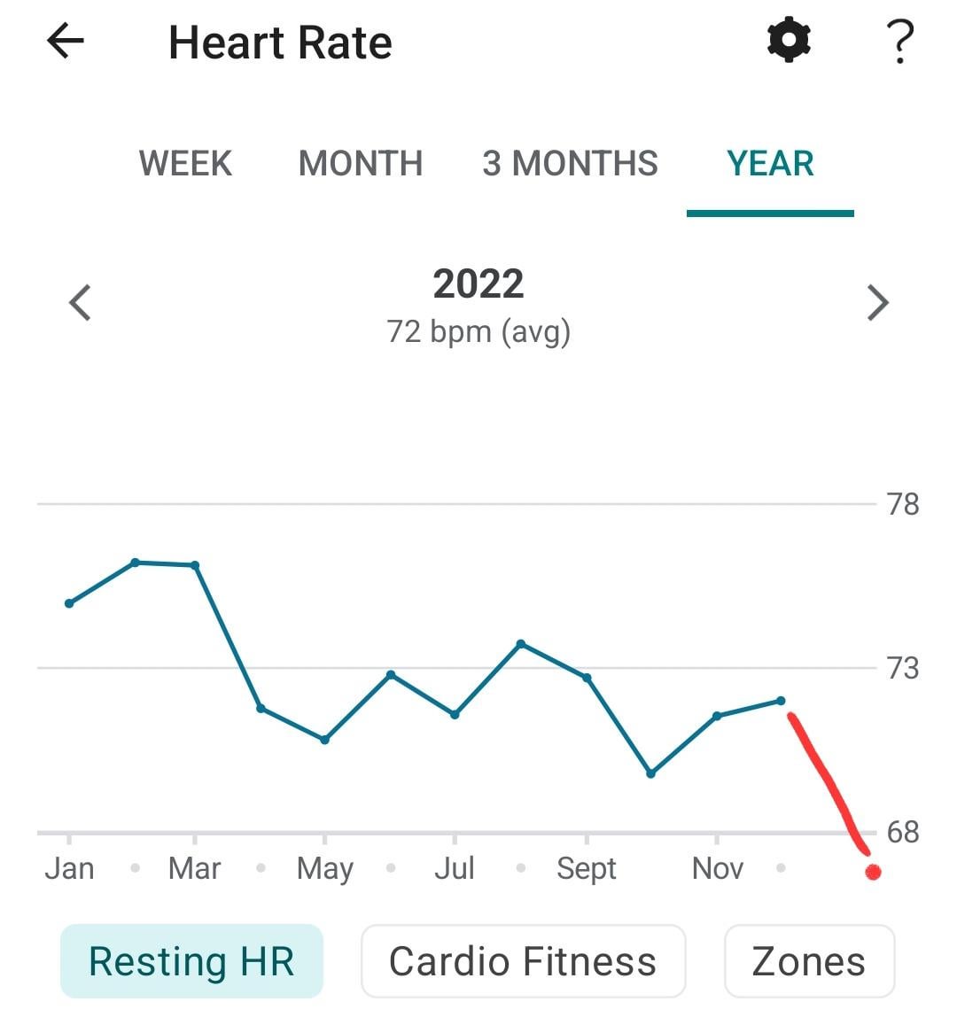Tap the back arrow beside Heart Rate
pyautogui.click(x=65, y=42)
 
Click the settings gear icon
pyautogui.click(x=789, y=41)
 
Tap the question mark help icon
pyautogui.click(x=899, y=42)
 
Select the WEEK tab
pyautogui.click(x=185, y=164)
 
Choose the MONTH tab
pyautogui.click(x=361, y=164)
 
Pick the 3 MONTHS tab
pyautogui.click(x=570, y=164)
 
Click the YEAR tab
pyautogui.click(x=770, y=164)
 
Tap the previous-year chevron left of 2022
pyautogui.click(x=81, y=302)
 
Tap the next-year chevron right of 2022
pyautogui.click(x=877, y=302)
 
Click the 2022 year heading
pyautogui.click(x=478, y=284)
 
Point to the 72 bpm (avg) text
pyautogui.click(x=478, y=331)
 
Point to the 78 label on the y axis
pyautogui.click(x=903, y=504)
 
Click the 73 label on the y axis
pyautogui.click(x=903, y=668)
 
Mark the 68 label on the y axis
pyautogui.click(x=903, y=832)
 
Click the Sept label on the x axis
pyautogui.click(x=587, y=869)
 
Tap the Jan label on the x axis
pyautogui.click(x=69, y=869)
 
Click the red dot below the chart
pyautogui.click(x=873, y=873)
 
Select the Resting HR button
pyautogui.click(x=191, y=961)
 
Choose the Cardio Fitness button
pyautogui.click(x=523, y=961)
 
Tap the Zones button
pyautogui.click(x=809, y=961)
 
